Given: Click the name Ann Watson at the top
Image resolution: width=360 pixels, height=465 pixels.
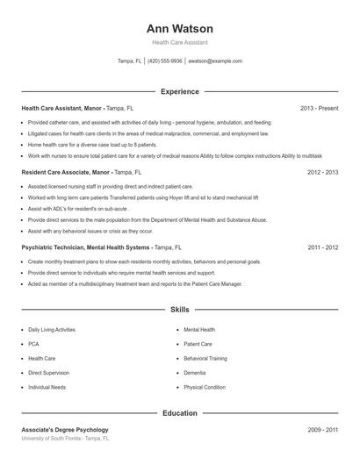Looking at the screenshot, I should click(179, 28).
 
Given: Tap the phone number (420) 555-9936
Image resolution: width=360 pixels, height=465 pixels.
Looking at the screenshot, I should click(165, 61).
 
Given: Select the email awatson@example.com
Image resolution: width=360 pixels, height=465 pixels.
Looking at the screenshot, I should click(215, 61).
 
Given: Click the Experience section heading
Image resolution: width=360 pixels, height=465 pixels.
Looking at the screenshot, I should click(179, 91).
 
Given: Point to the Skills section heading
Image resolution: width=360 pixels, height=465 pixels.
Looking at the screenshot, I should click(179, 310).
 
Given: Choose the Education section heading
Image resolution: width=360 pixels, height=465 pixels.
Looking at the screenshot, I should click(179, 412).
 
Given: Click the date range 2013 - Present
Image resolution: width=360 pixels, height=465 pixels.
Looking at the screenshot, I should click(319, 108).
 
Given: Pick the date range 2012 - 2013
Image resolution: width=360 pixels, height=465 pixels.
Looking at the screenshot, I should click(322, 173).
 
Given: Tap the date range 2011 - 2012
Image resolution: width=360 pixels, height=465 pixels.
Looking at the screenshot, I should click(322, 248).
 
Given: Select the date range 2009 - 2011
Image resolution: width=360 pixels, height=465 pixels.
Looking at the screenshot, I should click(322, 430).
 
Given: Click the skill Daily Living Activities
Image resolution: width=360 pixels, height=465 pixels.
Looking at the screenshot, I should click(52, 330).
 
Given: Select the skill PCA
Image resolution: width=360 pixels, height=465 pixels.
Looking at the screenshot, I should click(33, 344).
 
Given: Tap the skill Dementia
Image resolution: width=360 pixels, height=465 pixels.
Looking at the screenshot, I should click(194, 373).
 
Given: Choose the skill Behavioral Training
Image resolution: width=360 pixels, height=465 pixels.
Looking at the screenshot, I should click(205, 359).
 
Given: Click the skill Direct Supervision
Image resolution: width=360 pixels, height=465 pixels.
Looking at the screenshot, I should click(48, 373).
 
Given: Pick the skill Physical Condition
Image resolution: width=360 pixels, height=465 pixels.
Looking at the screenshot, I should click(205, 387).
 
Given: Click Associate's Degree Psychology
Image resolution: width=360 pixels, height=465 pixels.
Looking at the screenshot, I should click(65, 430).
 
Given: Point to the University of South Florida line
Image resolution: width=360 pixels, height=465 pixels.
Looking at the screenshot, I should click(66, 438).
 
